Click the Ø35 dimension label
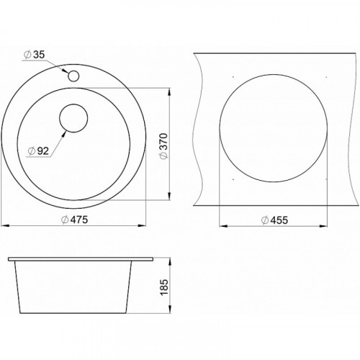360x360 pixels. [x=35, y=55]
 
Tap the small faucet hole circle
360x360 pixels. [x=73, y=76]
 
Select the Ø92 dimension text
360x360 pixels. [x=38, y=151]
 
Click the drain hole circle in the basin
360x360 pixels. [x=73, y=118]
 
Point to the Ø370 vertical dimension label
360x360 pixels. [x=165, y=145]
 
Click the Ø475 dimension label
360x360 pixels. [x=75, y=220]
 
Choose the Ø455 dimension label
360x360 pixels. [x=274, y=220]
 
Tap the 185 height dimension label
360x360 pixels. [x=165, y=287]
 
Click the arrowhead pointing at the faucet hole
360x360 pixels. [x=65, y=71]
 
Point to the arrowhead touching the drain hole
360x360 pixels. [x=63, y=135]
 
